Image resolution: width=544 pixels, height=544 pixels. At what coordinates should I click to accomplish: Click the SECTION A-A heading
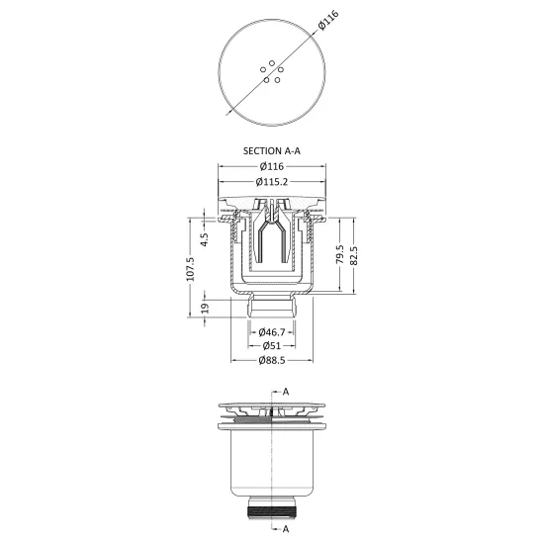pos(272,151)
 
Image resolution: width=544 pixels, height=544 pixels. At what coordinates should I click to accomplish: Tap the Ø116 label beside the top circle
pos(327,20)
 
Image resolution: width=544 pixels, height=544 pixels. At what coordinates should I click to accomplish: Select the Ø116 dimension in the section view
pos(272,166)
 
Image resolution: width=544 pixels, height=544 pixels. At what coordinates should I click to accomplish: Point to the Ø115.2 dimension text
pos(272,181)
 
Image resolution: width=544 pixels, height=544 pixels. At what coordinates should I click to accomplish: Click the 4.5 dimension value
pos(205,239)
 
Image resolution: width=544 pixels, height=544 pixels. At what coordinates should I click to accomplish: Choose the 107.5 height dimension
pos(190,269)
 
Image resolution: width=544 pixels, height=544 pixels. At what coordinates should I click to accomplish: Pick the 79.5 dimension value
pos(340,254)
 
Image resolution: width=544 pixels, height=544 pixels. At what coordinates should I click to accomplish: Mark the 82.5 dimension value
pos(354,256)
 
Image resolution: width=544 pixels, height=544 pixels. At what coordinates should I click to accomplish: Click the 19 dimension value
pos(205,308)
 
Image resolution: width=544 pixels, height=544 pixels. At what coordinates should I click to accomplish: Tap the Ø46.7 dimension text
pos(272,332)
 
